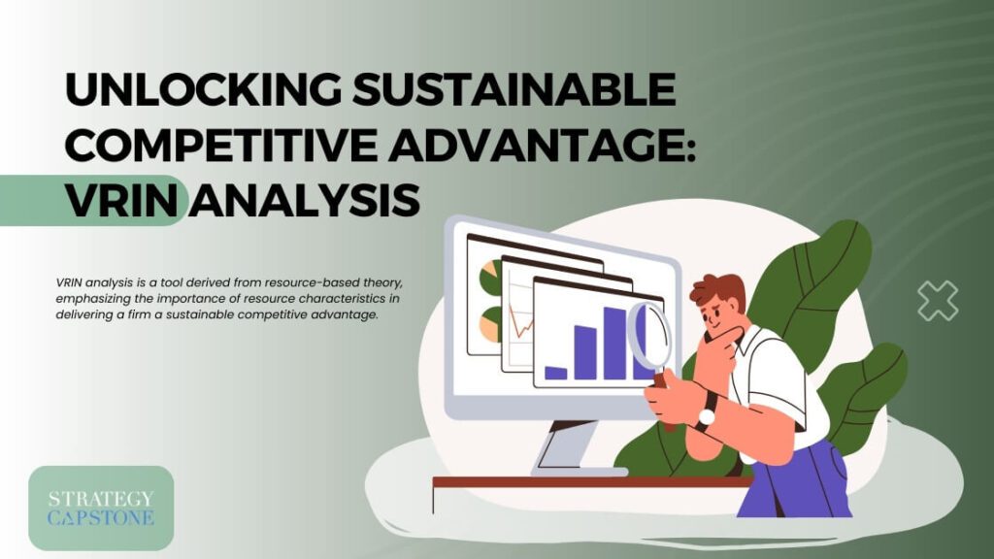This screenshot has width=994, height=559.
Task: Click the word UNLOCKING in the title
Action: coord(203,89)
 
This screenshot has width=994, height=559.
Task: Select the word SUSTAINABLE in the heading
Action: coord(514,89)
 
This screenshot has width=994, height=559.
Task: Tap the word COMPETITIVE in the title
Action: coord(220,144)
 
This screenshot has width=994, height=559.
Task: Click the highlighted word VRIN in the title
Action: coord(121,200)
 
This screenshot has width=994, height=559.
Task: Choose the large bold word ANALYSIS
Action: coord(306,200)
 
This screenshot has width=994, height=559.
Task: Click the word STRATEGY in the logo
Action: coord(101,499)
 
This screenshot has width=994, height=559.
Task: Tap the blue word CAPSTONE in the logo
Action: coord(101,518)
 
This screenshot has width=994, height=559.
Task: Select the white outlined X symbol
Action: coord(938,300)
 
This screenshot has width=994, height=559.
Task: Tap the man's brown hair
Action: coord(719,290)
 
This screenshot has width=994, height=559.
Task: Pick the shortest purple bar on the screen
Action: coord(556,373)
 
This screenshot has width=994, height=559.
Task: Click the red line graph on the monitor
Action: coord(521,322)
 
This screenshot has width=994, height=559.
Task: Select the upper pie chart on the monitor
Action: coord(488,277)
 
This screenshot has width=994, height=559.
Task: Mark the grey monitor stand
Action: coord(566,448)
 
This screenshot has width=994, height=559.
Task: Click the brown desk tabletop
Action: coord(593,482)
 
